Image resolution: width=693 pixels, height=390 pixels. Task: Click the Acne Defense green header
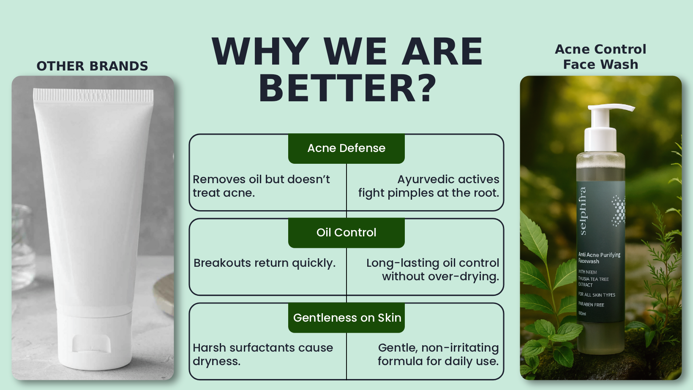point(346,148)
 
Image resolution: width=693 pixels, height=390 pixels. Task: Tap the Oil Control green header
point(346,233)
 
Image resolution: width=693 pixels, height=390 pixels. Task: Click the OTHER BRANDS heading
point(92,66)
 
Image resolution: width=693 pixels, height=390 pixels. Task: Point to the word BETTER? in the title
point(347,89)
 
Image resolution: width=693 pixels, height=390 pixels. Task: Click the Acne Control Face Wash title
point(600,57)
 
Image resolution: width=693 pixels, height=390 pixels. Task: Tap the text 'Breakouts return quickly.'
point(265,263)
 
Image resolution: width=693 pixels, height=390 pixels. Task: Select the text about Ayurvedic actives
point(428,186)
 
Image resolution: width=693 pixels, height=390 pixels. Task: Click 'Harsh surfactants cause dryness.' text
point(263,355)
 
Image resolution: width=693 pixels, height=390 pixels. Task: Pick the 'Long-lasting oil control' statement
point(433,270)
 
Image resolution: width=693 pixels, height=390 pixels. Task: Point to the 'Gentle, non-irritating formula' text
point(438,355)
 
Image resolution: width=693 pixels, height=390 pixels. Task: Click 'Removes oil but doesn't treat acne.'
point(261,186)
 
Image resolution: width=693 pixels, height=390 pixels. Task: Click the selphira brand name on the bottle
point(583,211)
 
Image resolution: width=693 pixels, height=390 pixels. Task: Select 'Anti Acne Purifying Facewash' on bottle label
point(599,258)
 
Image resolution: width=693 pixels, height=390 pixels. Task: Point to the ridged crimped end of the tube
point(93,96)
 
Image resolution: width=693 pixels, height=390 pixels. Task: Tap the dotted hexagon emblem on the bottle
point(618,210)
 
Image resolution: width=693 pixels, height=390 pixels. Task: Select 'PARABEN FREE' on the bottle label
point(591,304)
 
